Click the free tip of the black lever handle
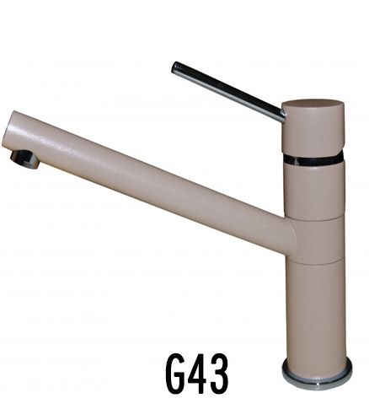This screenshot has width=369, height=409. (x=174, y=67)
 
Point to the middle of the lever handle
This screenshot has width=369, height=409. (x=228, y=92)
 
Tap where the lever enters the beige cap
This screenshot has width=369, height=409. (x=283, y=116)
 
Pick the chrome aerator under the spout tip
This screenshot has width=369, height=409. (x=24, y=159)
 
